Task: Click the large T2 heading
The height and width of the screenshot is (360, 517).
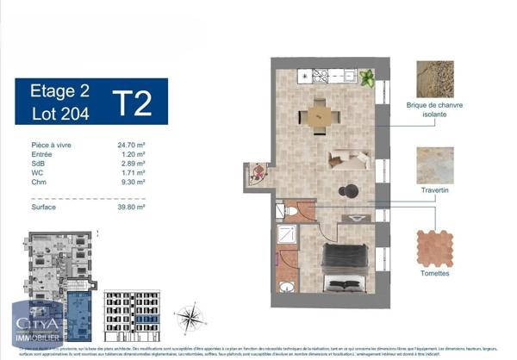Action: click(x=132, y=102)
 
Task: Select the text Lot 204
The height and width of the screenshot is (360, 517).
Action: click(x=55, y=112)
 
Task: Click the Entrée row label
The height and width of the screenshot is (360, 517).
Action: click(x=41, y=153)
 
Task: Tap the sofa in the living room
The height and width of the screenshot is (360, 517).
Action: click(x=350, y=158)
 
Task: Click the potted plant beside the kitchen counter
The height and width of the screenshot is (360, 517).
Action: click(x=367, y=78)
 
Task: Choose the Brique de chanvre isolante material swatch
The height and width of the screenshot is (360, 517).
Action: click(x=435, y=79)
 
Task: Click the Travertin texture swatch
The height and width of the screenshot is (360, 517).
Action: click(x=435, y=165)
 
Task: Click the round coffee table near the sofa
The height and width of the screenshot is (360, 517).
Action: click(x=348, y=191)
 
